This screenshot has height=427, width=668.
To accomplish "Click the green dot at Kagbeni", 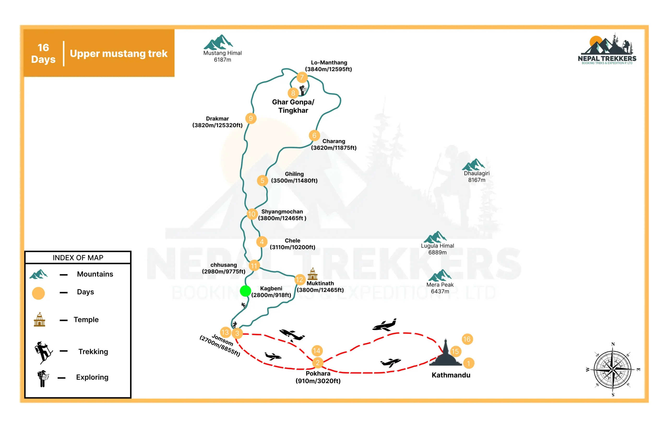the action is (x=245, y=291).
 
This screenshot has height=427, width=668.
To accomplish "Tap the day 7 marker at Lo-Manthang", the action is (x=302, y=77).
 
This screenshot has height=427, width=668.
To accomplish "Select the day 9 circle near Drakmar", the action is (x=251, y=119).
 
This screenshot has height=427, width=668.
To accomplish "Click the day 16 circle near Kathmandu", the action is (x=467, y=339).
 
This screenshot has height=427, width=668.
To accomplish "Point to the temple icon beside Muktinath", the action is (x=312, y=274).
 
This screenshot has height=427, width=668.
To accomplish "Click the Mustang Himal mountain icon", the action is (x=218, y=42).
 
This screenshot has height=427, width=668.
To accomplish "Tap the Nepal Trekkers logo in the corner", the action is (x=607, y=49).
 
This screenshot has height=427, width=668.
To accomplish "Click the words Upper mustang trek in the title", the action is (x=118, y=53).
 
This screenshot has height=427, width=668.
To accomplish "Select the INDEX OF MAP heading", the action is (x=78, y=258).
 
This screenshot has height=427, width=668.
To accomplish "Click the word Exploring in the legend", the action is (x=92, y=377).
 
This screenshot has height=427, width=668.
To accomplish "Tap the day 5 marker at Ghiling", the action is (x=262, y=180).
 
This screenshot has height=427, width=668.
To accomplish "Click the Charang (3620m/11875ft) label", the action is (x=334, y=144).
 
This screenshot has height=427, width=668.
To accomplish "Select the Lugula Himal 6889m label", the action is (x=438, y=249).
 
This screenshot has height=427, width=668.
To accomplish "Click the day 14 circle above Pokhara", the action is (x=317, y=351).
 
